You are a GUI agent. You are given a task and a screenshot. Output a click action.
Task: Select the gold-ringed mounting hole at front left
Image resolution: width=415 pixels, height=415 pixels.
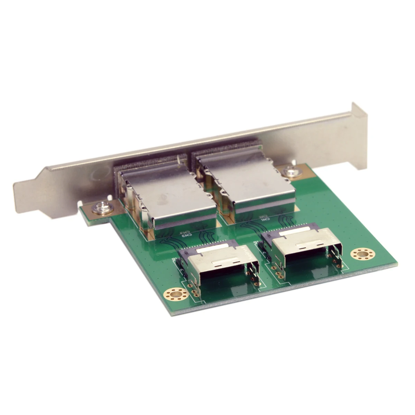[x=176, y=294]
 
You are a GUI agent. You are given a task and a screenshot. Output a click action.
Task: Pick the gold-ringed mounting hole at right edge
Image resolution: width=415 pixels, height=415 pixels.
[x=362, y=255]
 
